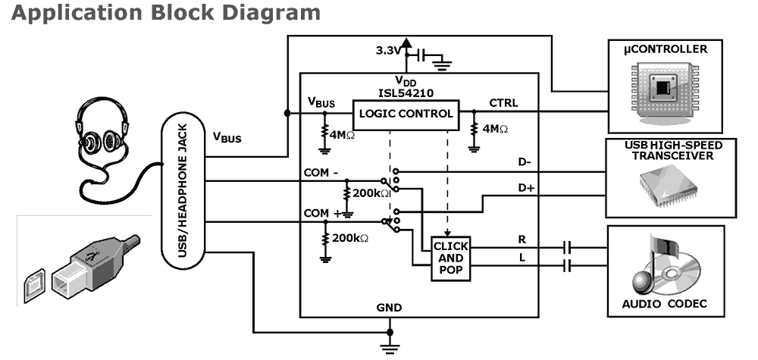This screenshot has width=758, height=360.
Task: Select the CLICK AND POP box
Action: pyautogui.click(x=450, y=259)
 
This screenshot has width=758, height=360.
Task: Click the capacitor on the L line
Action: pyautogui.click(x=567, y=265)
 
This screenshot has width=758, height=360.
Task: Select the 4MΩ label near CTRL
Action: pyautogui.click(x=494, y=129)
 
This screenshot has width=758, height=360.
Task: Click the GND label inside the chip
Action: pyautogui.click(x=389, y=308)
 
